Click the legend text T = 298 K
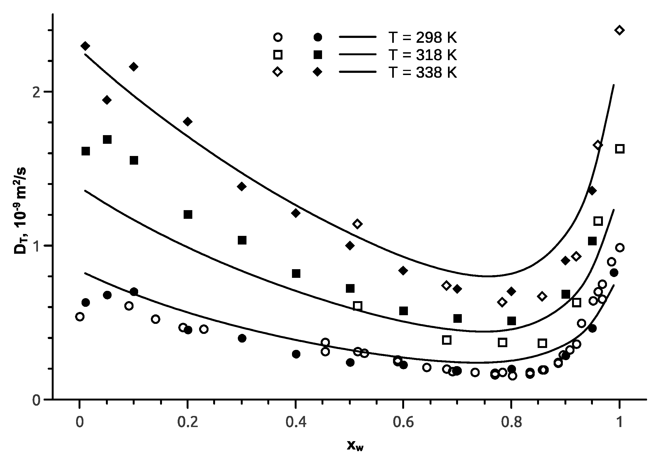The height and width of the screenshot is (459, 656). coord(422,38)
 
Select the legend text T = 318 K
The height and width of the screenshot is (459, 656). coord(422,55)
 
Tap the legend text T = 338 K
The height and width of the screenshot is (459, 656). coord(422,73)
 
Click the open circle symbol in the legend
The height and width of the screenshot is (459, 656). coord(278,37)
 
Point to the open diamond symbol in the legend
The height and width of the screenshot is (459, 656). coord(278,72)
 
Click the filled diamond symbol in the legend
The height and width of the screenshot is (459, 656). coord(318,72)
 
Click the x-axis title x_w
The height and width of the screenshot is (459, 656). coord(355,445)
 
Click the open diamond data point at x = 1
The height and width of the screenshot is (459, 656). coord(619,30)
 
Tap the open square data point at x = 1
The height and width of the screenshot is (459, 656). coord(619,149)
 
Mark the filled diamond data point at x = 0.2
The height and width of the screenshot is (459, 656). coord(188,121)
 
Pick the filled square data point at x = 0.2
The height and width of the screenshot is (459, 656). coord(188,214)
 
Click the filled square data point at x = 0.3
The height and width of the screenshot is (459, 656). coord(242,240)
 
